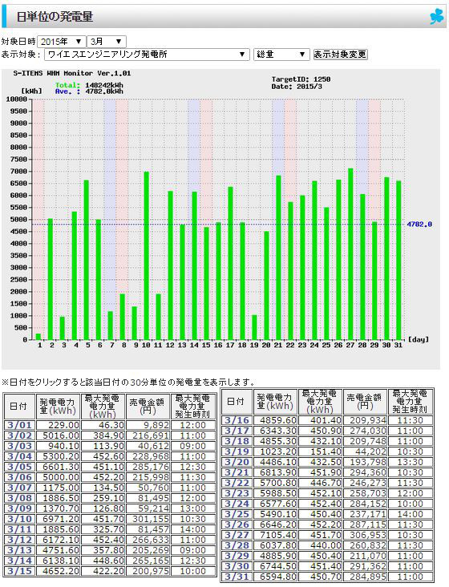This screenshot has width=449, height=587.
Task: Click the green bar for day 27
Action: coord(350,254)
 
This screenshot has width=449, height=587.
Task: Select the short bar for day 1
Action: coord(38,337)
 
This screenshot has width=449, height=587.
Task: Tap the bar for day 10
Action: coord(146,256)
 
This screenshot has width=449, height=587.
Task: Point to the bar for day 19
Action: coord(254,327)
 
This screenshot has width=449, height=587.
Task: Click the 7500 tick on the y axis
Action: coord(18,160)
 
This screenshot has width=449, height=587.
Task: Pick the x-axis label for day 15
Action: coord(206,345)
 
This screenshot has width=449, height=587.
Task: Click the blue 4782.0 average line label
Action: coord(419,225)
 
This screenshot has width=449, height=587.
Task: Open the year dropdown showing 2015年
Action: coord(61,42)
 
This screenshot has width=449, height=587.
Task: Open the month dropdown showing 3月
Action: coord(107,42)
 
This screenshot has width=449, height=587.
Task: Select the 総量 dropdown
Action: coord(281,55)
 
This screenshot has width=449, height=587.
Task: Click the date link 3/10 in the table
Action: coord(19,520)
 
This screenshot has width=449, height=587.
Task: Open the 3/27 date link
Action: coord(237,536)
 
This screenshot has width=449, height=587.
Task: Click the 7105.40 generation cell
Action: coord(275,536)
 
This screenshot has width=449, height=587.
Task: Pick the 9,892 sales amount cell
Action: coord(148,425)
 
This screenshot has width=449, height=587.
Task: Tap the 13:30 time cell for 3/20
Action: coord(411,463)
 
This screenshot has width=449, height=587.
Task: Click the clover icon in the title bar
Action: coord(436,17)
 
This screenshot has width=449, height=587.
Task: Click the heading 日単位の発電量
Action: coord(55,17)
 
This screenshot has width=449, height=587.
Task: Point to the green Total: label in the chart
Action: coord(67,85)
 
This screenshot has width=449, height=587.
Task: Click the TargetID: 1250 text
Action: coord(301,79)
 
